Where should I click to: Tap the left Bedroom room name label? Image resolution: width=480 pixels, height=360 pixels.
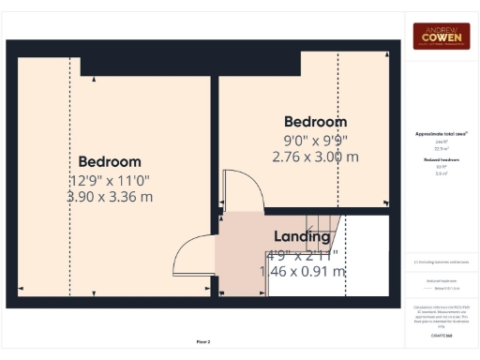pyautogui.click(x=110, y=161)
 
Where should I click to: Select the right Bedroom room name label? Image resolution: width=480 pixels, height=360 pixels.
pyautogui.click(x=315, y=121)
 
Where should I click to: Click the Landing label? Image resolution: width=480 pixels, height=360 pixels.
pyautogui.click(x=303, y=236)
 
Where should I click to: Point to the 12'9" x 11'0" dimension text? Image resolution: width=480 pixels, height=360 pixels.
pyautogui.click(x=110, y=179)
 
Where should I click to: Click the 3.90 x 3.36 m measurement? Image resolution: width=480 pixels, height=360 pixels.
pyautogui.click(x=110, y=197)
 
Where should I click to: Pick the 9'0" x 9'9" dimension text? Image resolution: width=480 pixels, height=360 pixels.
pyautogui.click(x=316, y=140)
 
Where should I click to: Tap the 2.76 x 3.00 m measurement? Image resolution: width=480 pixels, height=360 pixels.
pyautogui.click(x=316, y=157)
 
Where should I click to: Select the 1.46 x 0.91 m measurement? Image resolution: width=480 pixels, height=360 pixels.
pyautogui.click(x=302, y=271)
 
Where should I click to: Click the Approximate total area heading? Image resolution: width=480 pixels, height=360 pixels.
pyautogui.click(x=442, y=134)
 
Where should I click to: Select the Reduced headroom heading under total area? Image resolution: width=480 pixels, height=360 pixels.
pyautogui.click(x=442, y=160)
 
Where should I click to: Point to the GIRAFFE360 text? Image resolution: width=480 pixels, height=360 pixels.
pyautogui.click(x=442, y=335)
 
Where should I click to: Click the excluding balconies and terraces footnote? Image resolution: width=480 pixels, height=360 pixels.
pyautogui.click(x=442, y=262)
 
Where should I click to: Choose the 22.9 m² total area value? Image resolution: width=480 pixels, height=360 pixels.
pyautogui.click(x=442, y=148)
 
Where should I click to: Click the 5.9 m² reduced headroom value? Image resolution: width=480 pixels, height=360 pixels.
pyautogui.click(x=442, y=173)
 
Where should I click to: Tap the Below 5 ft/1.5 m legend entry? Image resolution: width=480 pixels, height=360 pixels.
pyautogui.click(x=444, y=286)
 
